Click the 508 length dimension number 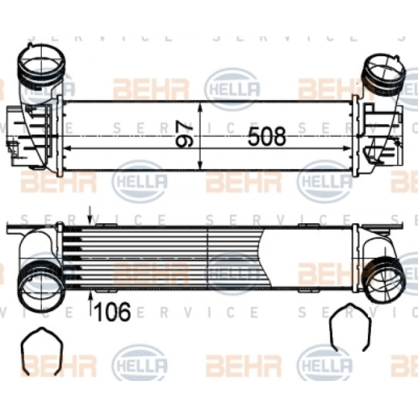coord(267,137)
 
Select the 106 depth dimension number coord(112,312)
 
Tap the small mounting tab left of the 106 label coord(102,292)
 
